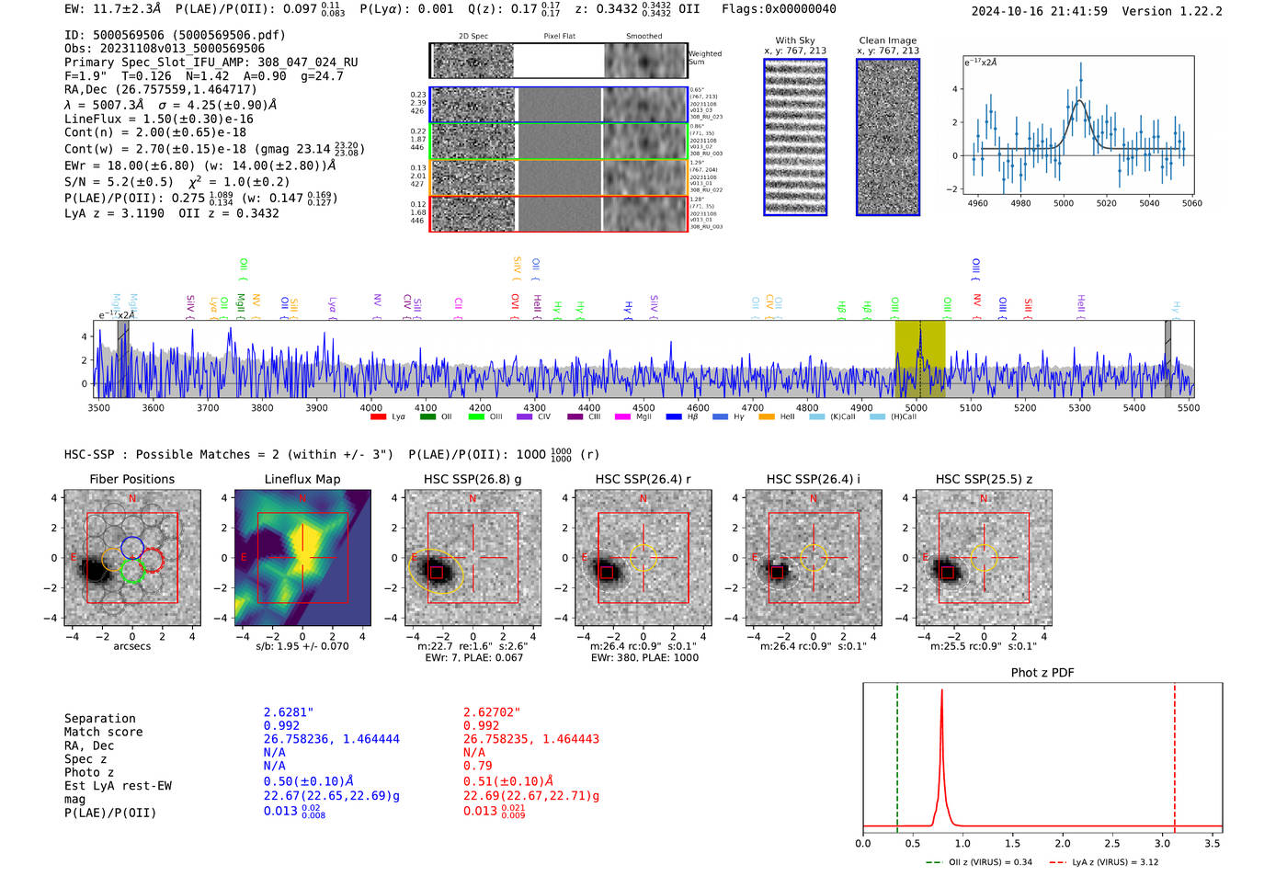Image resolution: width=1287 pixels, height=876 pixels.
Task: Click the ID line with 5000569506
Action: tap(175, 35)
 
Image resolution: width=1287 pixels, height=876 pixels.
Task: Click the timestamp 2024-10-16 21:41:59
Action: tap(1039, 11)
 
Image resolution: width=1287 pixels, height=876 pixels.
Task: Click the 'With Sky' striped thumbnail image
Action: tap(795, 137)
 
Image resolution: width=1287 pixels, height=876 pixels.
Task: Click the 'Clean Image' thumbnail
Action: tap(887, 137)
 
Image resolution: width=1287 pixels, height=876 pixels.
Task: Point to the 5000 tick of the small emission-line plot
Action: tap(1064, 203)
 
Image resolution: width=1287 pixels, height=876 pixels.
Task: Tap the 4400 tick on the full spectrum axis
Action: tap(588, 407)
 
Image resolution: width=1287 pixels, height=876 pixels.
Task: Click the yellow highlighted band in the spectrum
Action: tap(919, 358)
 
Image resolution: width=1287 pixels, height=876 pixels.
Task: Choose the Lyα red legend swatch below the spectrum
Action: tap(378, 417)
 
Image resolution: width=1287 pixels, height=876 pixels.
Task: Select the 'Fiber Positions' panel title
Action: tap(131, 479)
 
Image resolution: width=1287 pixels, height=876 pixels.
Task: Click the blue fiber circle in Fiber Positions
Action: tap(131, 546)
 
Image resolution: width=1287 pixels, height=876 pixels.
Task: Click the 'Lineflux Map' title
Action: tap(302, 479)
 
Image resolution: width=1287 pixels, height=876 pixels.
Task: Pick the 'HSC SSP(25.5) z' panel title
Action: tap(984, 479)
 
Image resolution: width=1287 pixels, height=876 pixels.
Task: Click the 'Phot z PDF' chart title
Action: tap(1042, 673)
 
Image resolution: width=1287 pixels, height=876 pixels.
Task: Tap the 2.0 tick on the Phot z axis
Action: tap(1062, 843)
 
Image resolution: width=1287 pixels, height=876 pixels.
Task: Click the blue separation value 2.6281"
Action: tap(289, 712)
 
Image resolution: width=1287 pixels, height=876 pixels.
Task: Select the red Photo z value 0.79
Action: tap(477, 766)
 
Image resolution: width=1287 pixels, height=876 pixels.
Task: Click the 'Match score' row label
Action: tap(103, 733)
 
